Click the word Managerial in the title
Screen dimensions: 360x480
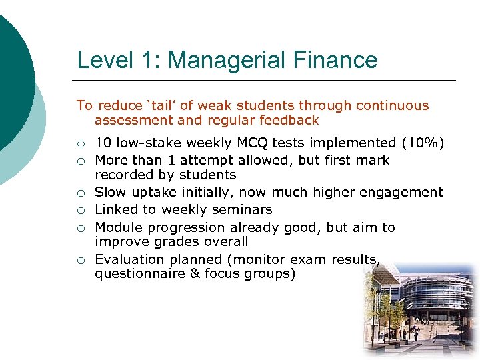tap(231, 61)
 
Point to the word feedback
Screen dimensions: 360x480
tap(289, 121)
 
